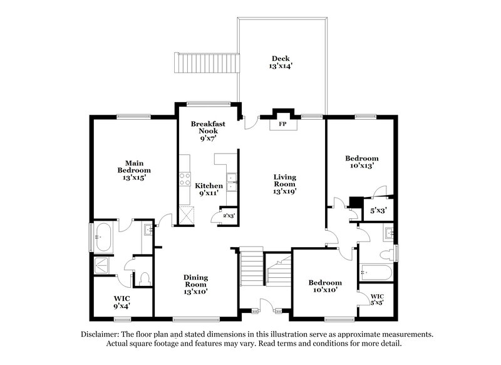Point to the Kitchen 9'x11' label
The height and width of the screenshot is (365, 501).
[x=209, y=189]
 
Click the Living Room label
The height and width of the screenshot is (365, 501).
[x=284, y=184]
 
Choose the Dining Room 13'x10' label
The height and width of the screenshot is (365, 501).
[x=195, y=284]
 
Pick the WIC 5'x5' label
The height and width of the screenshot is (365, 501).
[x=377, y=299]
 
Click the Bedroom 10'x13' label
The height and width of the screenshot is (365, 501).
[x=362, y=162]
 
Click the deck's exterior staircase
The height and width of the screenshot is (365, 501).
[x=207, y=63]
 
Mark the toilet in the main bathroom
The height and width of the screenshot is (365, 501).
[x=144, y=278]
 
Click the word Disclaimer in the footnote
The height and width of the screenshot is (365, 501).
[x=102, y=334]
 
